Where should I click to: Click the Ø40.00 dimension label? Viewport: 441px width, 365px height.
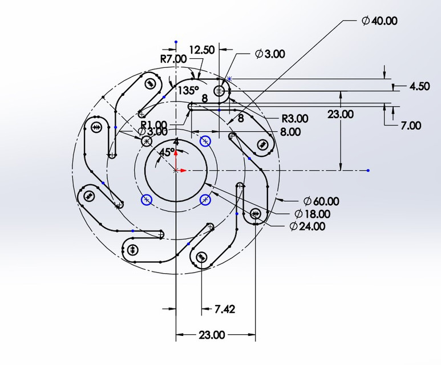click(379, 21)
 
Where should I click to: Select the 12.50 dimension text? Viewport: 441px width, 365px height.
click(201, 50)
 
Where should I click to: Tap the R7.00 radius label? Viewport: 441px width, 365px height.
click(173, 59)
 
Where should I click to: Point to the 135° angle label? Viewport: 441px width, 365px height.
click(188, 90)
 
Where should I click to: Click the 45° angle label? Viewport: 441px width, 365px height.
click(167, 152)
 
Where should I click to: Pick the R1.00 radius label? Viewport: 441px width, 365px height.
click(154, 124)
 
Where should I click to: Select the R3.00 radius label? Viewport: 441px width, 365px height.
click(295, 119)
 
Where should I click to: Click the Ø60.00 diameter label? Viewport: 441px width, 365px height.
click(321, 201)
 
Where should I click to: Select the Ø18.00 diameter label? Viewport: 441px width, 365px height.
click(312, 214)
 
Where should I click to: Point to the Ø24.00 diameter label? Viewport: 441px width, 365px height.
click(308, 226)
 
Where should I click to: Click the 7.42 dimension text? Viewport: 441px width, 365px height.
click(225, 309)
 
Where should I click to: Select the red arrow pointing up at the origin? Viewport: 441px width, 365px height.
click(176, 152)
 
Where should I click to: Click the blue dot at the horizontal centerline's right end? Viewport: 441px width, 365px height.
click(369, 170)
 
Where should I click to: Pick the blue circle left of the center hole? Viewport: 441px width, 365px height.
click(147, 200)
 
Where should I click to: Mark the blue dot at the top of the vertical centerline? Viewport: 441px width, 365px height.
click(176, 42)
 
